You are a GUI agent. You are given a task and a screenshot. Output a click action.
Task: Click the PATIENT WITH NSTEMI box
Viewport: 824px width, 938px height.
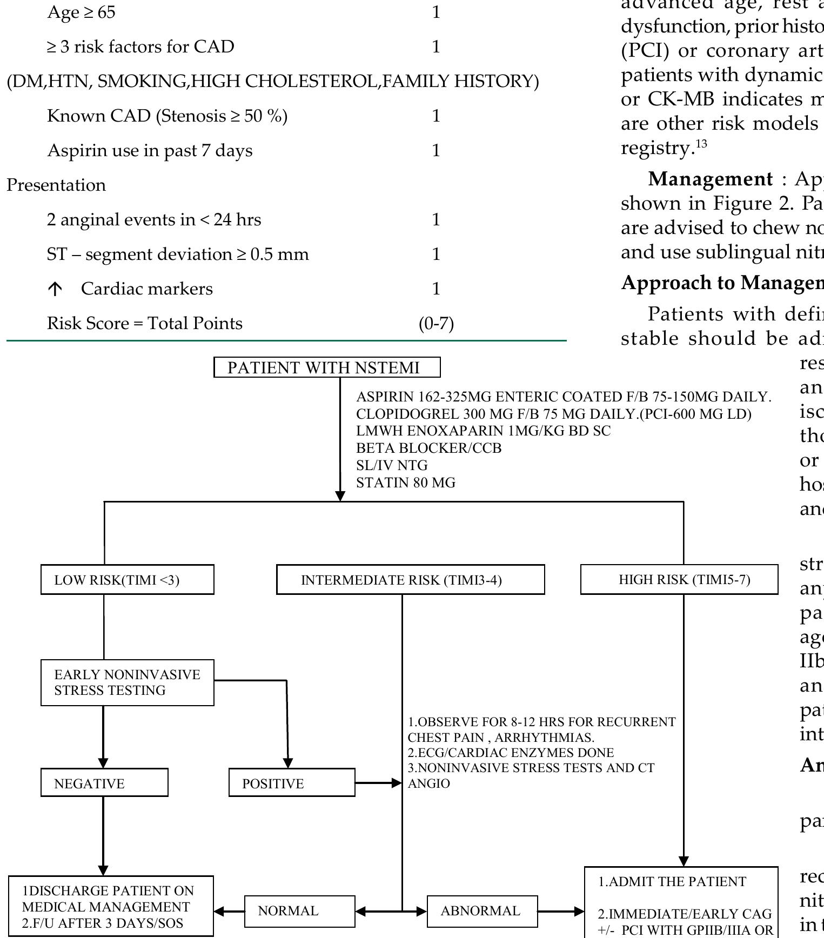(327, 367)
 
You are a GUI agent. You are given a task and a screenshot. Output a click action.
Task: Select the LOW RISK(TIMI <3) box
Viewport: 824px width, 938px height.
(127, 580)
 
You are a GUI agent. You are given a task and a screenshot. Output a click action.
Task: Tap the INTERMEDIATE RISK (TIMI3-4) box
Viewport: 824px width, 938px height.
(410, 580)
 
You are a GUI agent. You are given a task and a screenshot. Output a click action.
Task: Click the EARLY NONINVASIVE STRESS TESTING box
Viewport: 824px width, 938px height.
(127, 682)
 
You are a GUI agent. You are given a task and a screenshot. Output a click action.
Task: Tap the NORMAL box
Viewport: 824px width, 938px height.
(300, 911)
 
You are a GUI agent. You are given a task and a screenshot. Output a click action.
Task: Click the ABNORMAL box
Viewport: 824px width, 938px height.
(482, 911)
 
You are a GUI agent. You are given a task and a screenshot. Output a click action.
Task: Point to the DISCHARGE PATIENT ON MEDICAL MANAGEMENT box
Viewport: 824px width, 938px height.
(111, 906)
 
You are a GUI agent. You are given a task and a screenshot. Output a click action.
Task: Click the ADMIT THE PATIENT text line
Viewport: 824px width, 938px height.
(672, 882)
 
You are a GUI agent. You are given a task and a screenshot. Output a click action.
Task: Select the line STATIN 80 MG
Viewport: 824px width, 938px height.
(406, 483)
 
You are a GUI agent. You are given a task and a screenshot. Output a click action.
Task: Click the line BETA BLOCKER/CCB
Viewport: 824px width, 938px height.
(428, 448)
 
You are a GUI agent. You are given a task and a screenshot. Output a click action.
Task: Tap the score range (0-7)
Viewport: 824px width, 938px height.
(436, 324)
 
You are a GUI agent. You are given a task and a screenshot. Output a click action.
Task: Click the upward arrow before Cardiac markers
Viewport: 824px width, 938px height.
(55, 290)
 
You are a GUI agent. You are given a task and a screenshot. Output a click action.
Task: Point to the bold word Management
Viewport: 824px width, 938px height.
(710, 179)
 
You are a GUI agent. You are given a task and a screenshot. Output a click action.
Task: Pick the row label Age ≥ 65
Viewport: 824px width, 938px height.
(81, 12)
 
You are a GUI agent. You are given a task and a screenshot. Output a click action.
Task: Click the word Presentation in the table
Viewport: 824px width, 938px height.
(56, 185)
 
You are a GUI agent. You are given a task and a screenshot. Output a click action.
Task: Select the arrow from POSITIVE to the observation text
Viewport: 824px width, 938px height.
(378, 783)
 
